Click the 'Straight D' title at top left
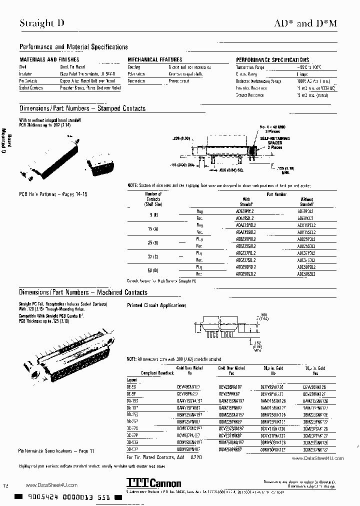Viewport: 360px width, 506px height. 41,23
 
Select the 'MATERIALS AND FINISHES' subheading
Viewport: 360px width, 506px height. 45,59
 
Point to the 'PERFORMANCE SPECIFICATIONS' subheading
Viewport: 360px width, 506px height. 272,60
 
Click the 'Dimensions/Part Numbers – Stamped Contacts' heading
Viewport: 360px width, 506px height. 82,108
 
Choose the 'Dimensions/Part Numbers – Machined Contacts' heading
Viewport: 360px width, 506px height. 83,292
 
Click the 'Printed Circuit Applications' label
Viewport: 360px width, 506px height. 156,305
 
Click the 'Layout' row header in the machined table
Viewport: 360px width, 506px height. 132,379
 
